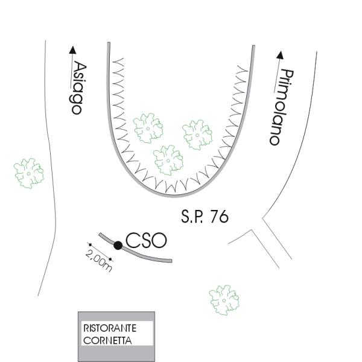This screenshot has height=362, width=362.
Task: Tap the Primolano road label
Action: (281, 107)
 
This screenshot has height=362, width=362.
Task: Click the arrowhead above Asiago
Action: (74, 51)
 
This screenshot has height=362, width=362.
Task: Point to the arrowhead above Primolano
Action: (280, 55)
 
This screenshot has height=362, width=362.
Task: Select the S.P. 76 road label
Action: (205, 217)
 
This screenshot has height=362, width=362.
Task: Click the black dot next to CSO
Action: (118, 245)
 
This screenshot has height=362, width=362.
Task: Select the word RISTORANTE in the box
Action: (109, 328)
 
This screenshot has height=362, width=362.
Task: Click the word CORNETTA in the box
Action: (107, 340)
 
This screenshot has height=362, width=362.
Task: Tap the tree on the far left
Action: (29, 172)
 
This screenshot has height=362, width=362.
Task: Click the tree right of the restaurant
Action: (224, 299)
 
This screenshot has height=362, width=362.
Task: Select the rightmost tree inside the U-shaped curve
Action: (198, 132)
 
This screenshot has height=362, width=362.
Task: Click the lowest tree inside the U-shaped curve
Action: (168, 159)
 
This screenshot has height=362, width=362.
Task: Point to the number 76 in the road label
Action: (220, 217)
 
